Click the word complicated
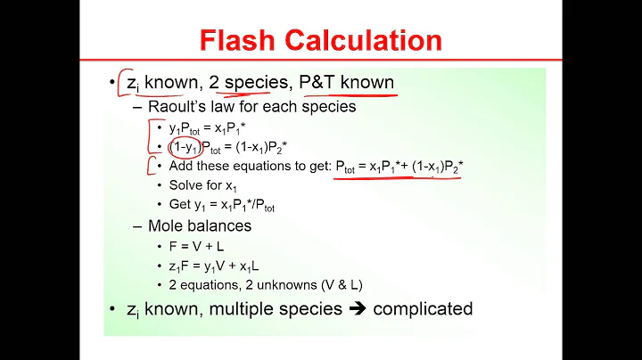423,309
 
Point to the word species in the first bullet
253,83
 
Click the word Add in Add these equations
180,166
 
